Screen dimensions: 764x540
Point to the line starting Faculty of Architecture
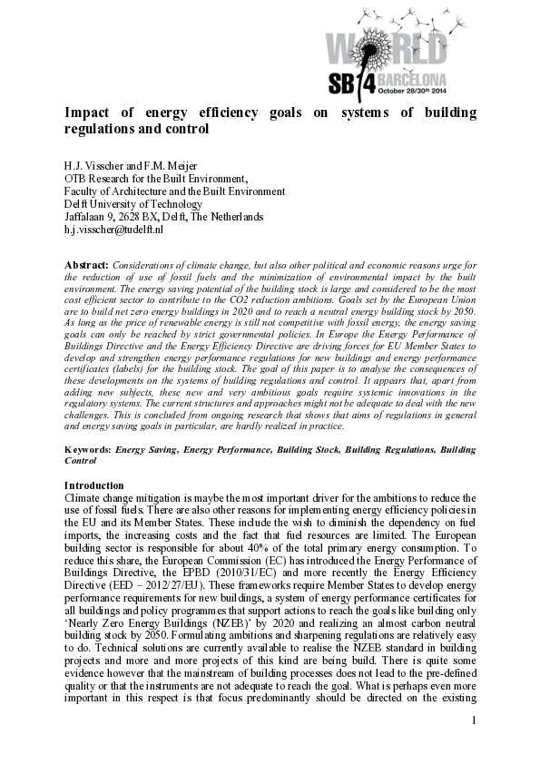174,191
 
